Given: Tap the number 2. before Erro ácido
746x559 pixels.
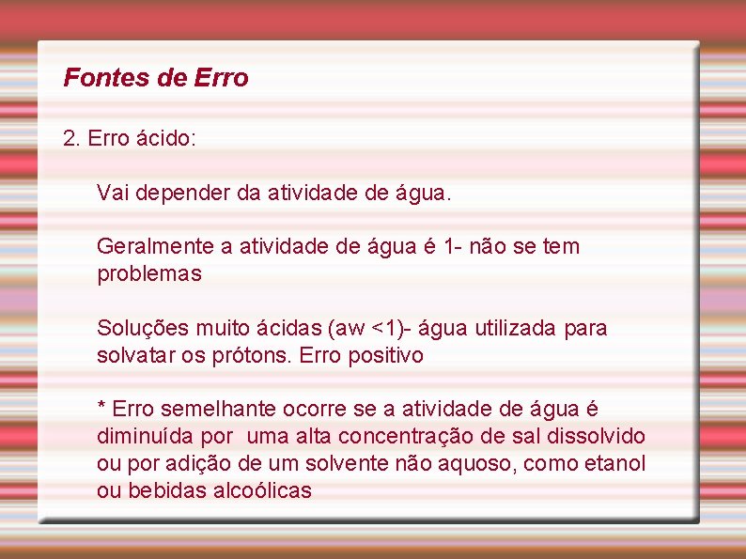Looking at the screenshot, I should click(71, 139).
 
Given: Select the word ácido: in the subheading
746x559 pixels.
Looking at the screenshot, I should click(166, 139).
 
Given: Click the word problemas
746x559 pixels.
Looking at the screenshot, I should click(149, 274).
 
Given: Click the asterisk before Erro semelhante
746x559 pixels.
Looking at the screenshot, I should click(102, 408).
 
